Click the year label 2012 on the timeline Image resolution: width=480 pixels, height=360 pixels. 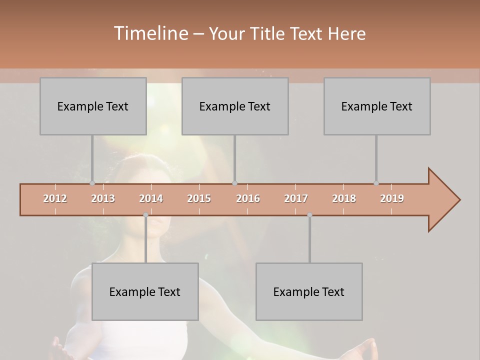[x=55, y=198]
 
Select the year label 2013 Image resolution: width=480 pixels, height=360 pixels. [x=103, y=198]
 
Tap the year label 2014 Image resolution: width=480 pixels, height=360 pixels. [x=151, y=198]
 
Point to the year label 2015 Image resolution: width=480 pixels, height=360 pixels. [x=199, y=198]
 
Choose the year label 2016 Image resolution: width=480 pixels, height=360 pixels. [x=248, y=198]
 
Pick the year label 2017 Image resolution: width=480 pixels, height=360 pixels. [x=296, y=198]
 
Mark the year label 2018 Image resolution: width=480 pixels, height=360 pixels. [x=344, y=198]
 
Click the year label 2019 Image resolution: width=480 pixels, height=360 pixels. [x=392, y=198]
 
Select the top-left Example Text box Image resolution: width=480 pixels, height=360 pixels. [x=93, y=106]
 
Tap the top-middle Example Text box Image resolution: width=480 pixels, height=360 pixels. [x=235, y=106]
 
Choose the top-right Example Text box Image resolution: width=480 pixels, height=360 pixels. [x=377, y=106]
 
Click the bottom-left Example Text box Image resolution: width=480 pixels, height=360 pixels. [x=145, y=291]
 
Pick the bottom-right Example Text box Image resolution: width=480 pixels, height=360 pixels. [x=309, y=291]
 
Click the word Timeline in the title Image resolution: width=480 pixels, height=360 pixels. [x=150, y=33]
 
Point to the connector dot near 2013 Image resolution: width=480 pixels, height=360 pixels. [x=92, y=183]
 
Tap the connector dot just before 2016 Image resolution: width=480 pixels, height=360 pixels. [x=235, y=183]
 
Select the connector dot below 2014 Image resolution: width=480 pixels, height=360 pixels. [x=145, y=215]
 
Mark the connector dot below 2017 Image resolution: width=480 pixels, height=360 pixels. [x=309, y=215]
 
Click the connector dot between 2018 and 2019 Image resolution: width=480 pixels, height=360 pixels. [x=376, y=183]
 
